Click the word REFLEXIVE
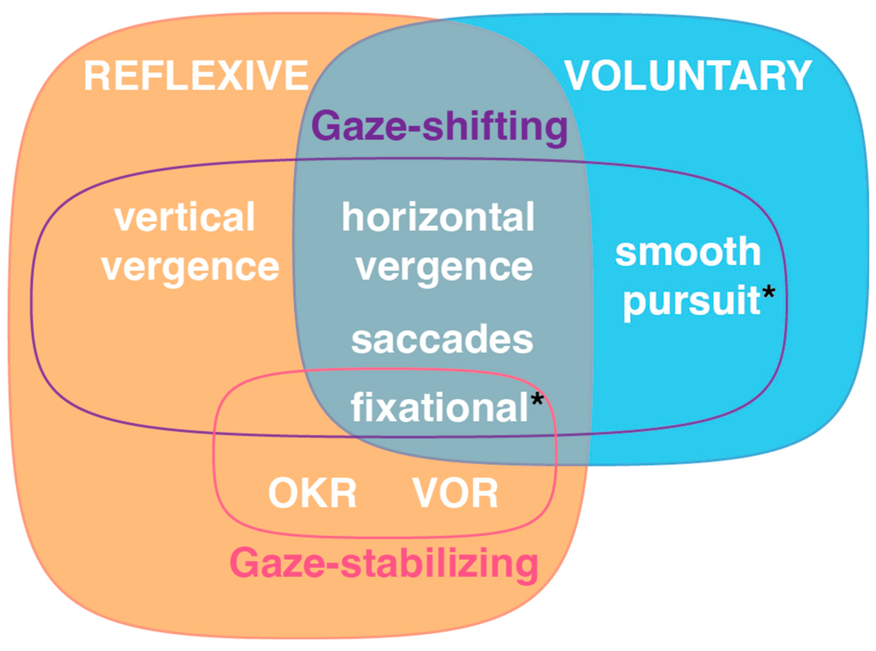tap(196, 76)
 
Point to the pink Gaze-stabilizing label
tap(384, 563)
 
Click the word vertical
tap(184, 217)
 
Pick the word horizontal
tap(438, 217)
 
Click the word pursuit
tap(691, 302)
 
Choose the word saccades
tap(442, 340)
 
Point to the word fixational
tap(439, 408)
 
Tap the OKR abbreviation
tap(312, 493)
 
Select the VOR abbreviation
tap(455, 493)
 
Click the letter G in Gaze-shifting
tap(327, 125)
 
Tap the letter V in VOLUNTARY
tap(580, 76)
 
